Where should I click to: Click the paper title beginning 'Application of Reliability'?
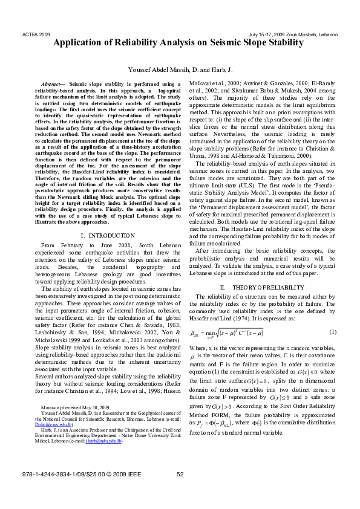click(179, 43)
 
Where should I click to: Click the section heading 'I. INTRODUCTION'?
click(107, 235)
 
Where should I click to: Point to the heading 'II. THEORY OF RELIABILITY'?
click(257, 287)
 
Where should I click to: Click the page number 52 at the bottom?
click(180, 490)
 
